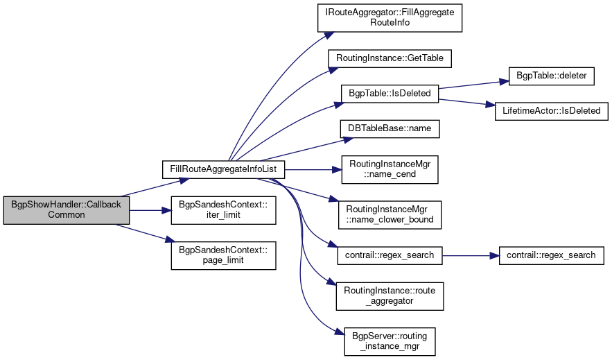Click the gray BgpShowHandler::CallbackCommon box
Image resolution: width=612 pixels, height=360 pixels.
[x=67, y=210]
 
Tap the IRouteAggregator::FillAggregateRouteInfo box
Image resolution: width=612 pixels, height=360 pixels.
[x=390, y=17]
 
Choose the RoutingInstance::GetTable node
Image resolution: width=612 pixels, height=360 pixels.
[x=390, y=58]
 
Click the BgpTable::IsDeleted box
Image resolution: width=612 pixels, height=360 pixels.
[x=390, y=93]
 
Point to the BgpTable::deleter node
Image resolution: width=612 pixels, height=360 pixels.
[x=551, y=76]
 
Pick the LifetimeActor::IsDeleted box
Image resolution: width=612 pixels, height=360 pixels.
[x=551, y=110]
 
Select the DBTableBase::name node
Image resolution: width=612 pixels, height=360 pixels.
[x=390, y=128]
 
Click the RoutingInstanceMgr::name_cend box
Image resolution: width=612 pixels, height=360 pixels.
[x=390, y=169]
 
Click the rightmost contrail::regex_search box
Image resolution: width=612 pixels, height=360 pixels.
[x=551, y=255]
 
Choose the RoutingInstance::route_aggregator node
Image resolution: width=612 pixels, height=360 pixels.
[x=390, y=296]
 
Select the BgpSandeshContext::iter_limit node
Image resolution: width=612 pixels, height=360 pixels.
[x=224, y=210]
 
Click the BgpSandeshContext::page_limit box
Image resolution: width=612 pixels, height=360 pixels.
[x=224, y=256]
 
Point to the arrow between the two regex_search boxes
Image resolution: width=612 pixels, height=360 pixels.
[x=471, y=255]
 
